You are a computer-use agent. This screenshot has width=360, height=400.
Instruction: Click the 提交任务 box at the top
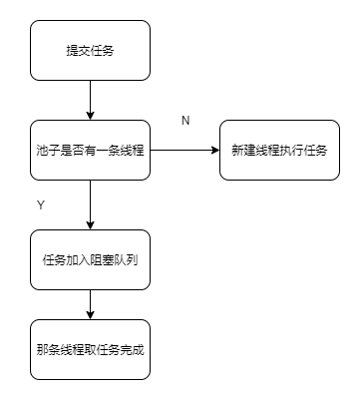point(90,51)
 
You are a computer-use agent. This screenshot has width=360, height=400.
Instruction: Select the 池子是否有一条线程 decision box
point(90,150)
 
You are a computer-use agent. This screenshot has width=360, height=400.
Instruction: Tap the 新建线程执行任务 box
point(279,150)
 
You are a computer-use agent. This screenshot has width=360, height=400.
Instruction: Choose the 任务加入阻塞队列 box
point(90,259)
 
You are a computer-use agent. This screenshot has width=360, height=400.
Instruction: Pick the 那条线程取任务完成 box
point(90,349)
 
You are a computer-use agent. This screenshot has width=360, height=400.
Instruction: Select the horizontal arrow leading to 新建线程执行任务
point(184,150)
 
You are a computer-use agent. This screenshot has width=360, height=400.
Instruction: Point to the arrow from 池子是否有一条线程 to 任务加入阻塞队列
point(90,204)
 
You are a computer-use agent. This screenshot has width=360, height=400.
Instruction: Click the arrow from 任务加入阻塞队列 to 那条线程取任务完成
point(90,303)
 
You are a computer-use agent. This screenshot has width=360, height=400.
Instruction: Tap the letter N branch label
point(185,120)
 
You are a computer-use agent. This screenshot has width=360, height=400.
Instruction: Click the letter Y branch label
point(41,204)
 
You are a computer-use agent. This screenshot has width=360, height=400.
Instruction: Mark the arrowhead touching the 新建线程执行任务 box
point(214,150)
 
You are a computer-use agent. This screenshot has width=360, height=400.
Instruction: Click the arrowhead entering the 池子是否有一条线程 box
point(90,115)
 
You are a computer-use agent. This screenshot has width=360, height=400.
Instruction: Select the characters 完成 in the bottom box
point(133,349)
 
